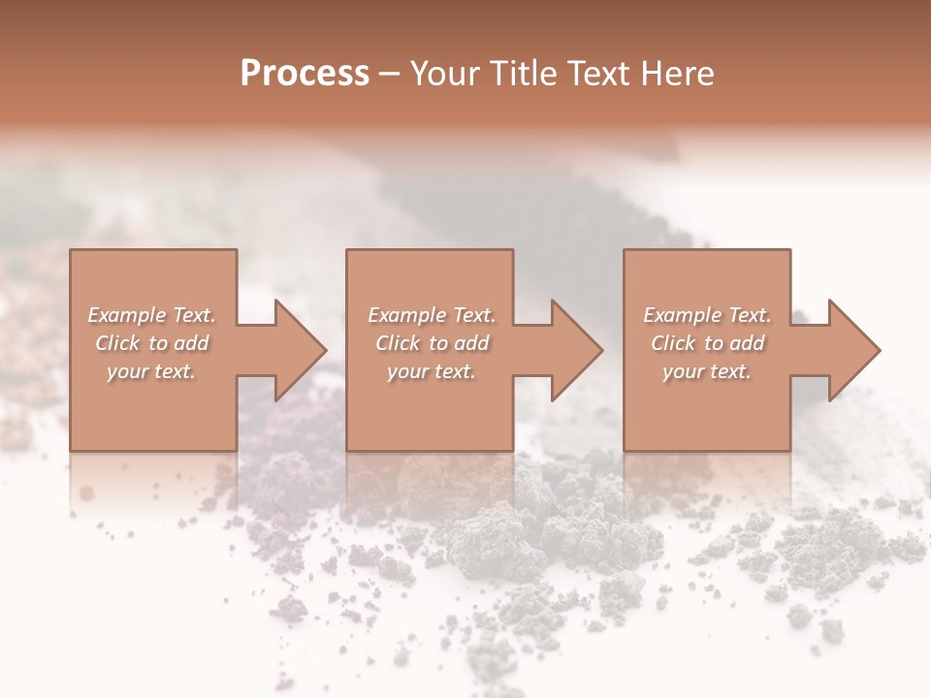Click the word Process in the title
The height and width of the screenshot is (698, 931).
pyautogui.click(x=305, y=74)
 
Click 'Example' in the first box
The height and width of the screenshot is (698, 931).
pyautogui.click(x=126, y=315)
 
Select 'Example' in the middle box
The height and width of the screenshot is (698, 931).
pyautogui.click(x=406, y=315)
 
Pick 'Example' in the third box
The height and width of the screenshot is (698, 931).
pyautogui.click(x=682, y=315)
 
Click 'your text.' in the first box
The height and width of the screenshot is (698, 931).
pyautogui.click(x=152, y=371)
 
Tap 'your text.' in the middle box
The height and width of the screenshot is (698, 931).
pyautogui.click(x=432, y=371)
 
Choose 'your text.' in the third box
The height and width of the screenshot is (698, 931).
pyautogui.click(x=707, y=371)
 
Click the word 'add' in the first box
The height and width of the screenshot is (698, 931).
pyautogui.click(x=193, y=343)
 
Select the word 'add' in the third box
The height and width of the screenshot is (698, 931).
pyautogui.click(x=748, y=343)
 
